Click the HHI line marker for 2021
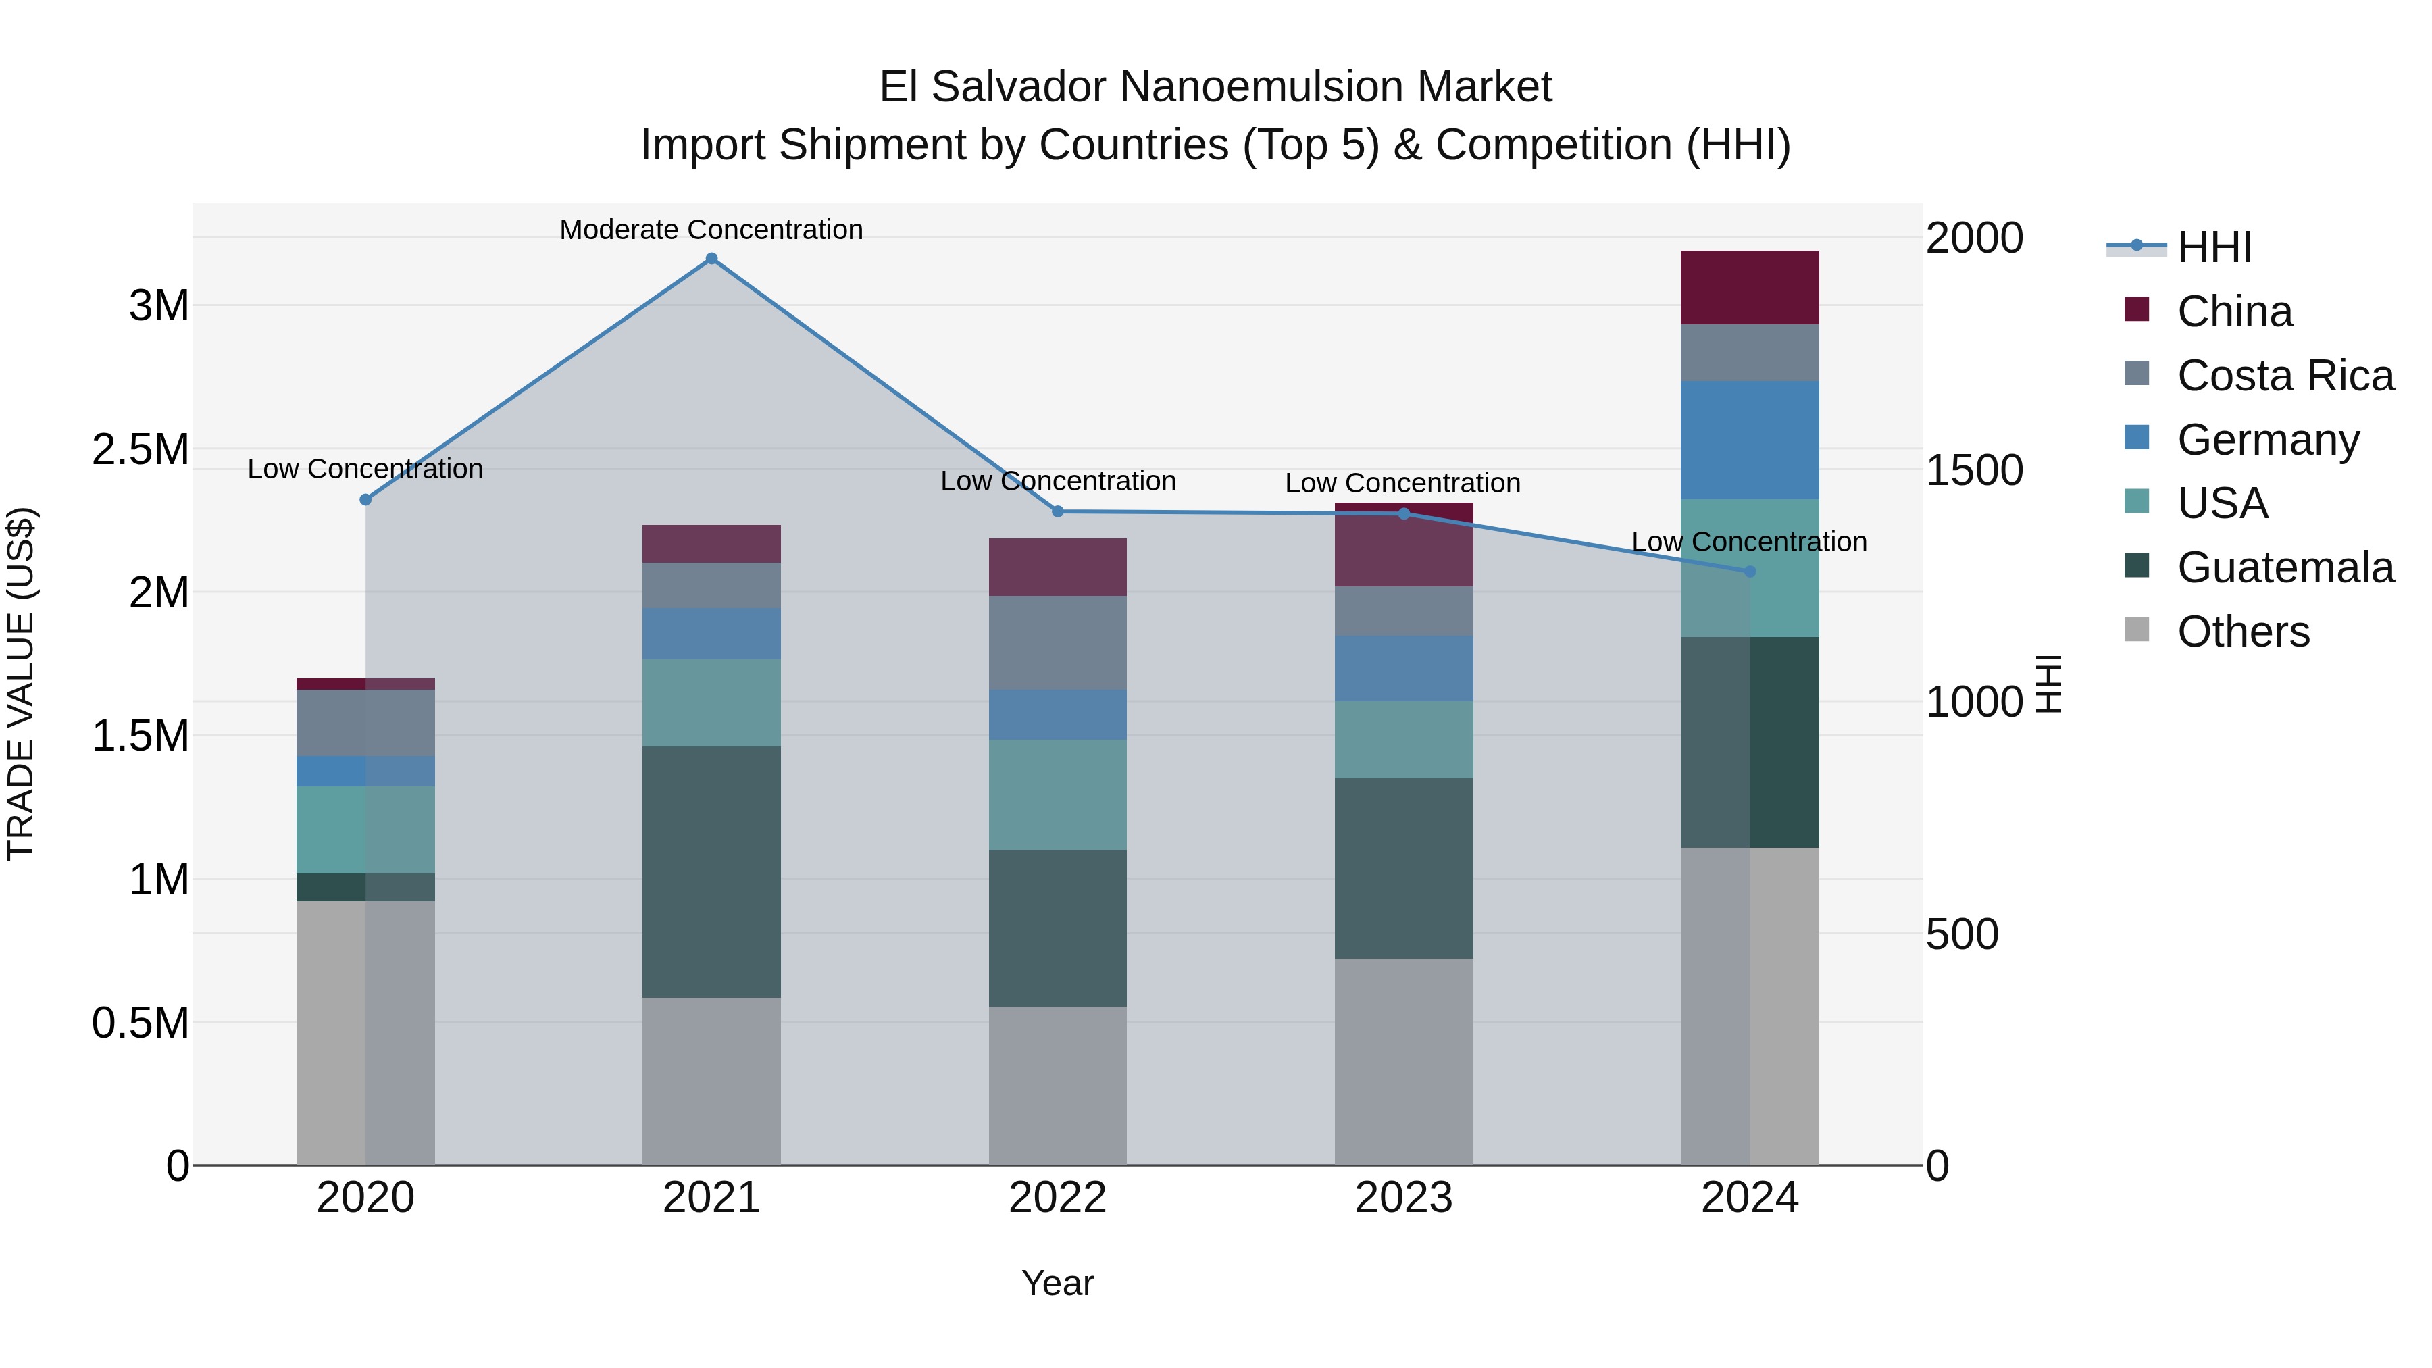click(712, 259)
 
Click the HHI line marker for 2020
click(365, 499)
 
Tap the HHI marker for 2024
click(1750, 571)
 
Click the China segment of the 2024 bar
click(1750, 288)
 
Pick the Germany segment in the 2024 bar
click(1750, 440)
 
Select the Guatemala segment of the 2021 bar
click(712, 871)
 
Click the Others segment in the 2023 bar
click(1404, 1061)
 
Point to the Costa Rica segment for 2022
click(1057, 643)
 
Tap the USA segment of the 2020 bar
click(365, 830)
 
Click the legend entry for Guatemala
click(2285, 567)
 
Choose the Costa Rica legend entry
click(2285, 376)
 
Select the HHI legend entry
click(2214, 247)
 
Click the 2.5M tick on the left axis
click(141, 449)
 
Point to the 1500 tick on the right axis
click(1974, 470)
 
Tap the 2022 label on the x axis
click(1057, 1198)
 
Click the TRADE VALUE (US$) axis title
click(21, 684)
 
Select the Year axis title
click(1057, 1283)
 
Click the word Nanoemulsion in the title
click(1247, 87)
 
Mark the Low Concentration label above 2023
click(1403, 484)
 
